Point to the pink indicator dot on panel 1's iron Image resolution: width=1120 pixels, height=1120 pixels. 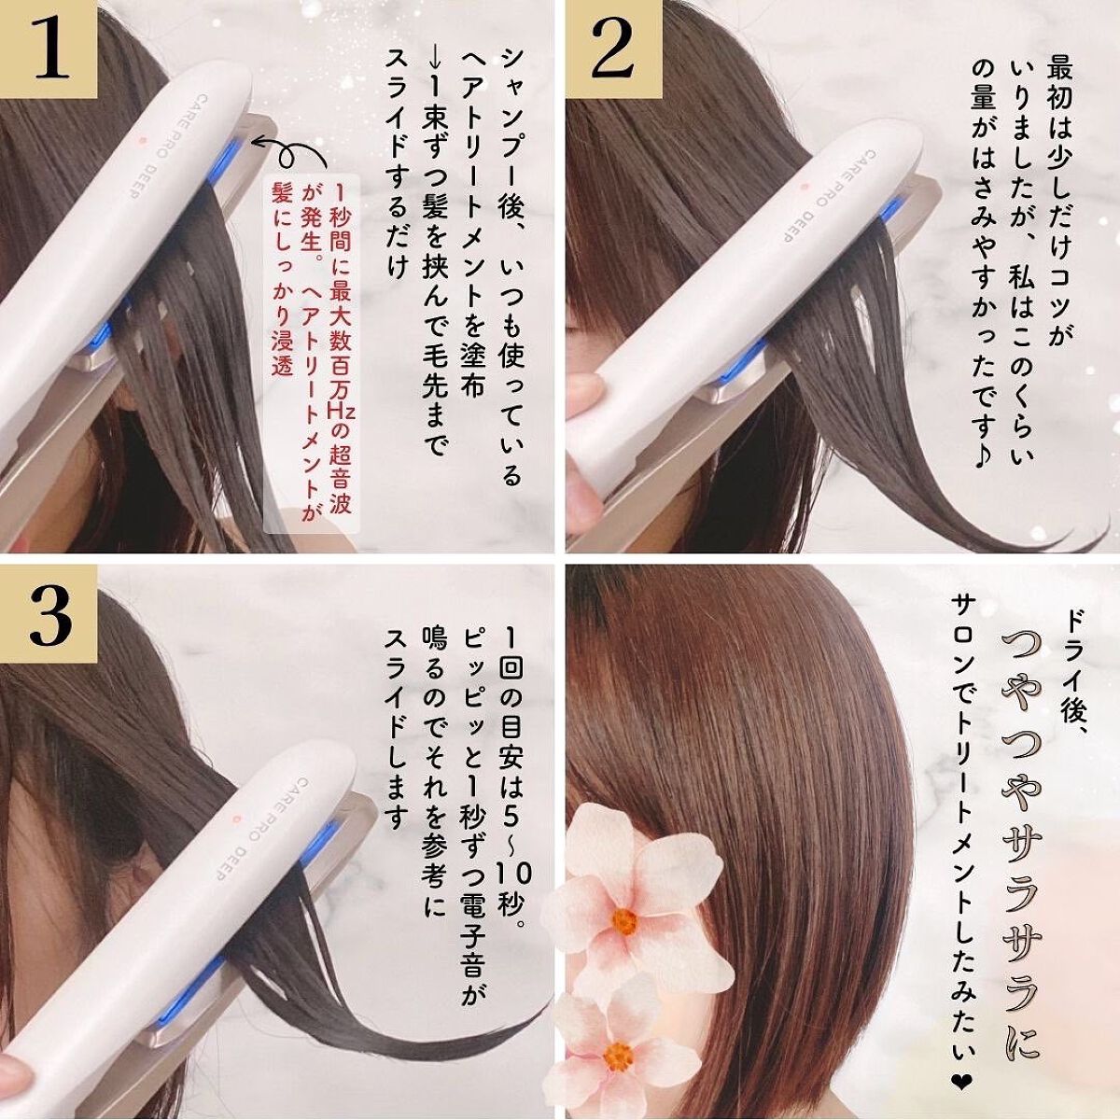pos(142,141)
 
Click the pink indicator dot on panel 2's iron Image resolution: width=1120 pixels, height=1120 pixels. pos(804,188)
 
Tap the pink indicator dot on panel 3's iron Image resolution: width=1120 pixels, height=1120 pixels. pos(235,818)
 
